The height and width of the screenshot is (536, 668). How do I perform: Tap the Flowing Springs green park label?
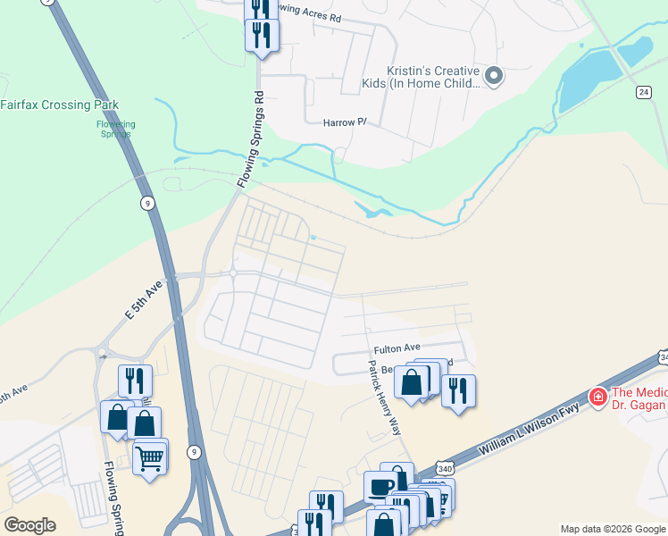click(x=116, y=130)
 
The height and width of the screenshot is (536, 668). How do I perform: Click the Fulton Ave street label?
click(x=397, y=348)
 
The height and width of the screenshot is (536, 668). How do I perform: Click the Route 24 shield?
click(x=643, y=91)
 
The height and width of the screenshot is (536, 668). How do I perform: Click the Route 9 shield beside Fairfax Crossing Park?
click(x=146, y=204)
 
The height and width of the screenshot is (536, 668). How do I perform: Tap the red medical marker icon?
click(x=597, y=396)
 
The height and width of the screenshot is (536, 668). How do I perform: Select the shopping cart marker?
click(x=150, y=458)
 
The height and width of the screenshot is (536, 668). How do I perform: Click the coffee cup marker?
click(x=380, y=488)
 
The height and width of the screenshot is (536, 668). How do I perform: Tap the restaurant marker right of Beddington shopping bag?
click(x=458, y=390)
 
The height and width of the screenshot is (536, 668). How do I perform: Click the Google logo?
click(x=30, y=525)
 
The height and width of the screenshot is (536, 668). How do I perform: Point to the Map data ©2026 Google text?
click(x=613, y=529)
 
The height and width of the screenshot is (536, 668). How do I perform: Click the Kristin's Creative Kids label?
click(x=433, y=77)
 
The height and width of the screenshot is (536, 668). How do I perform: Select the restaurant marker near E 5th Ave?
click(x=135, y=381)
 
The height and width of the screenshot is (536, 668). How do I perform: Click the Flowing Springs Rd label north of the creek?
click(x=252, y=138)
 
